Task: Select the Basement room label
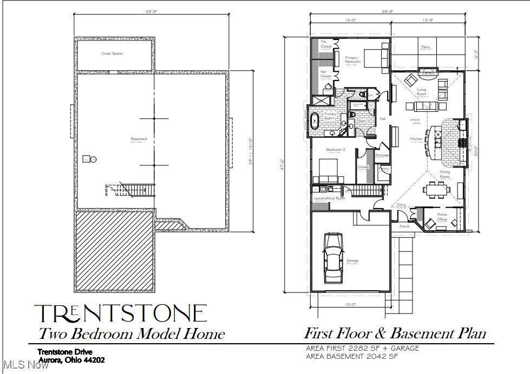click(x=139, y=139)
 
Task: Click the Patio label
click(x=426, y=48)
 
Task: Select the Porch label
click(x=404, y=226)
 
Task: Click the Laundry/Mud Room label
click(x=329, y=198)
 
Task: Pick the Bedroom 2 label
click(x=336, y=150)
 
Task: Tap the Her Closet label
click(x=325, y=74)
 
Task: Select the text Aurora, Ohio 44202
click(x=71, y=360)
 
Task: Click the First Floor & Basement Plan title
click(x=395, y=333)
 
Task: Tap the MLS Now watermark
click(x=25, y=365)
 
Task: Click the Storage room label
click(x=382, y=156)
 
